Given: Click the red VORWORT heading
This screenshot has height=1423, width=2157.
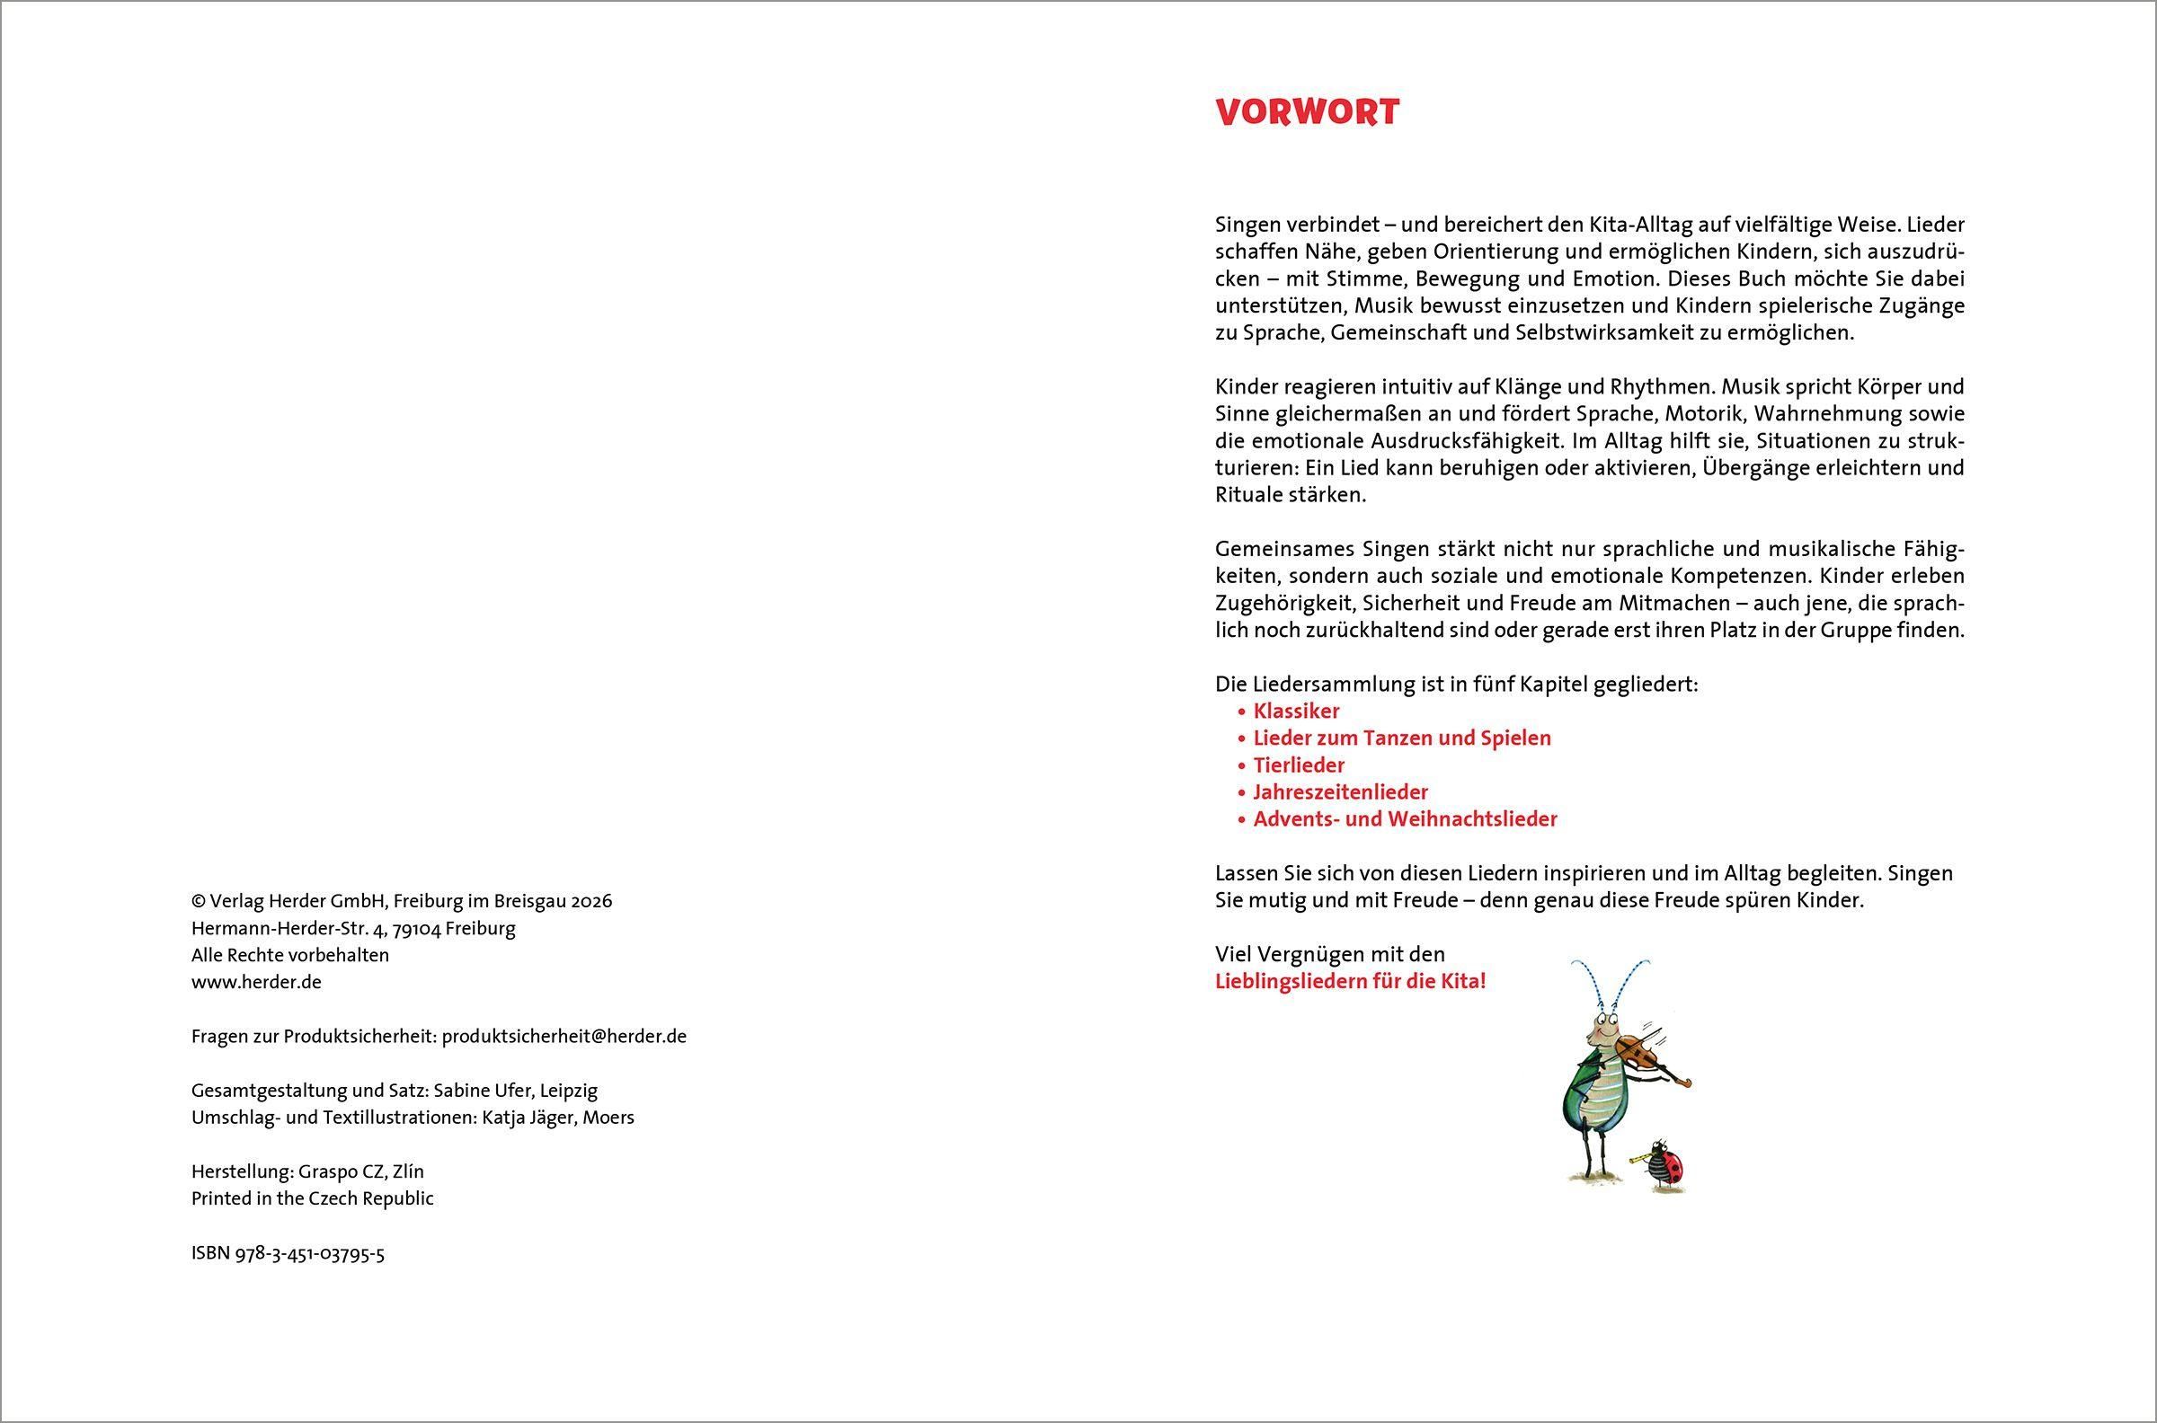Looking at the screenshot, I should [1308, 111].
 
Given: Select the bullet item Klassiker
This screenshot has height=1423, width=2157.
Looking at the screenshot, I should [1295, 711].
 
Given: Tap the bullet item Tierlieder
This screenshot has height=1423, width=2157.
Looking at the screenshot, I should [1298, 765].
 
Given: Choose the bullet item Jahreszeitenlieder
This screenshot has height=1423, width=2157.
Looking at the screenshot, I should [1340, 792].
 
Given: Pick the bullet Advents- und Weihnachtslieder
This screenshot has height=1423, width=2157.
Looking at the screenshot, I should [1405, 819].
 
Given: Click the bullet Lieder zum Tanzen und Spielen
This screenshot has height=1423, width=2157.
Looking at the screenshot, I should [1402, 738].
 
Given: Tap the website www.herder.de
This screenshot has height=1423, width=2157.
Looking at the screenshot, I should [256, 982].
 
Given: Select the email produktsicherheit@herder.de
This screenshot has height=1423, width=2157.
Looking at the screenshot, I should [564, 1037].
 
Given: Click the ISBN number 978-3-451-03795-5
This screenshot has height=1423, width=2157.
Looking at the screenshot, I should [309, 1254].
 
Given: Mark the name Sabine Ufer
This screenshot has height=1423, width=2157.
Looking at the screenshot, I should [487, 1090].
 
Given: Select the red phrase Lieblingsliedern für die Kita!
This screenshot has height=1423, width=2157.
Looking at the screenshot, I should [1350, 981].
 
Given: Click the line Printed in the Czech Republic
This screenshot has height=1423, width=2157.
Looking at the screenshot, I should [312, 1198].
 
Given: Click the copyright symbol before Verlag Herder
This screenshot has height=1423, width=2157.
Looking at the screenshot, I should [198, 901].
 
